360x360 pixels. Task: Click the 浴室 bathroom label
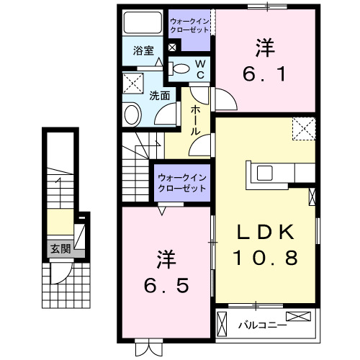coord(144,50)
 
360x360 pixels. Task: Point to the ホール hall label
coord(196,120)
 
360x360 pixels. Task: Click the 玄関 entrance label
coord(60,250)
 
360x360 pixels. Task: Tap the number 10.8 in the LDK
coord(264,257)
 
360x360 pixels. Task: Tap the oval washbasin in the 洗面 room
coord(132,114)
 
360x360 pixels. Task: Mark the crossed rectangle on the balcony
coord(300,316)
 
